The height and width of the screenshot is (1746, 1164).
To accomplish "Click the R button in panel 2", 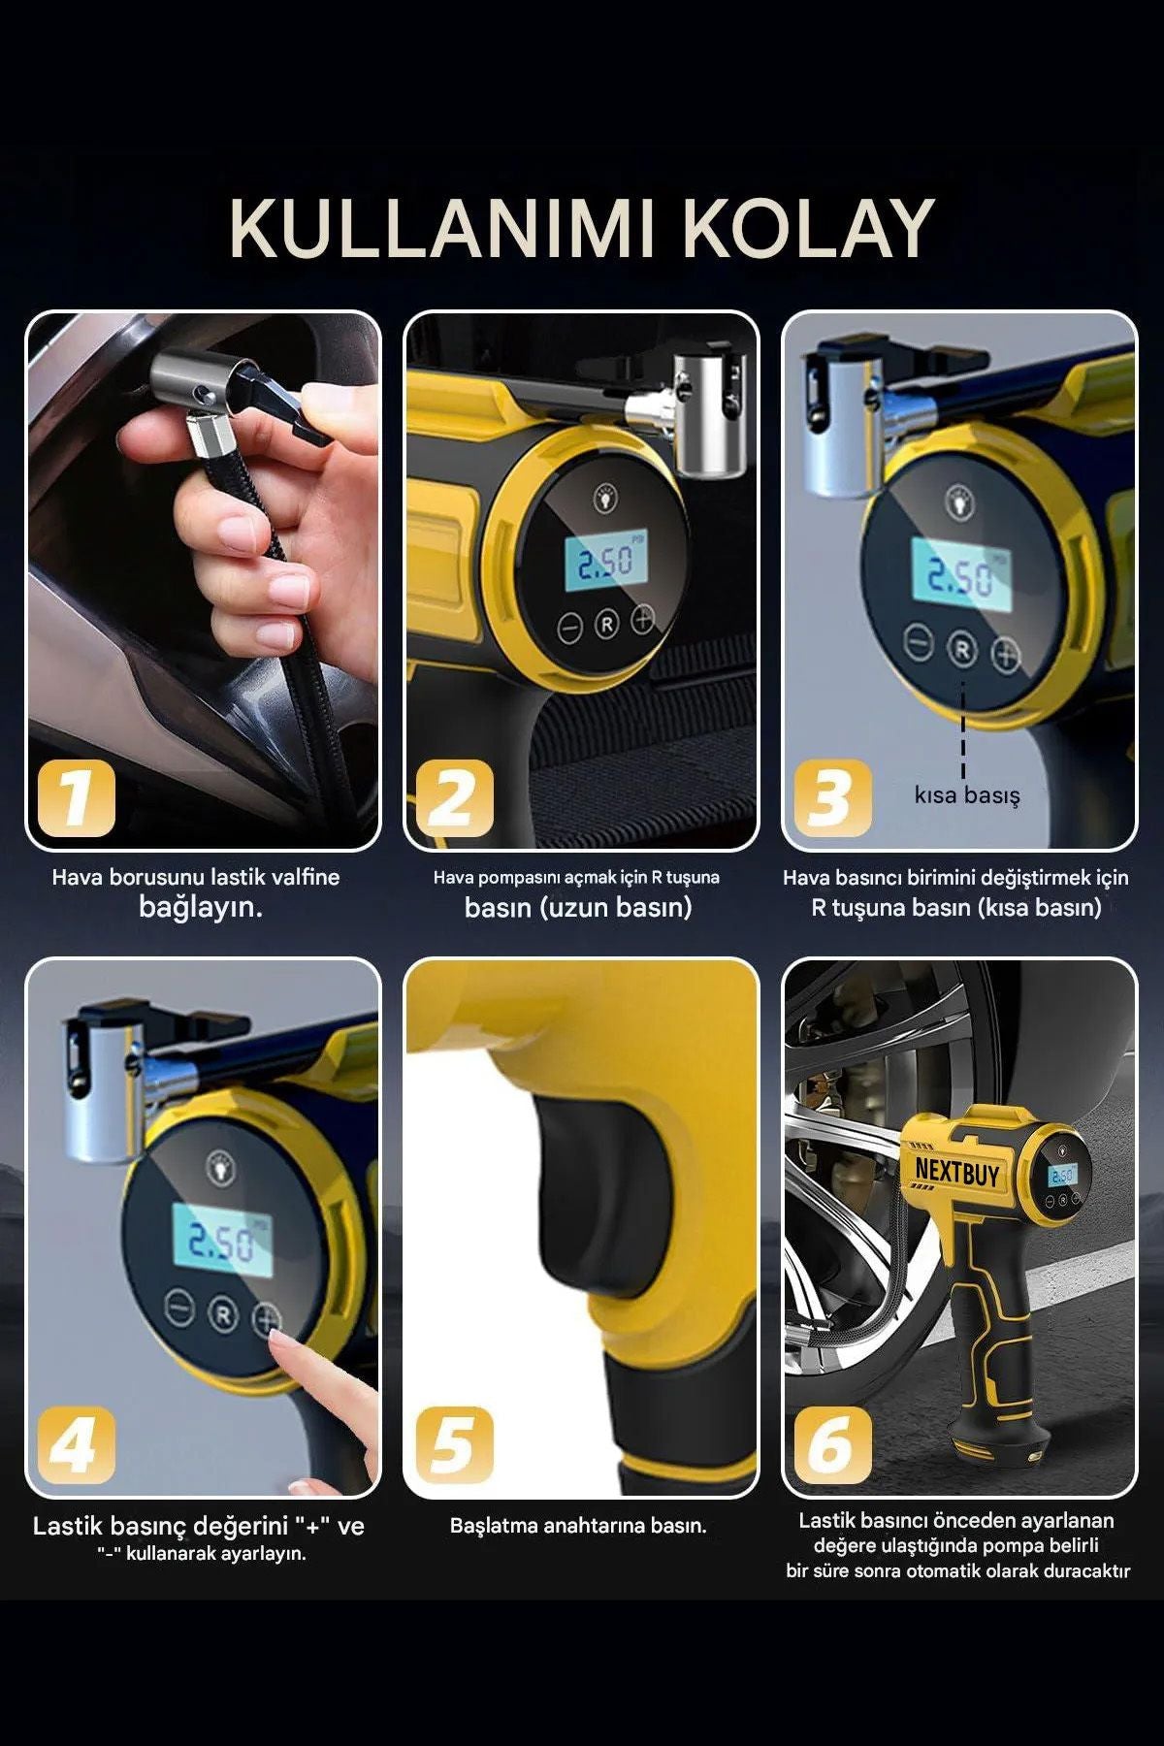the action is (x=606, y=624).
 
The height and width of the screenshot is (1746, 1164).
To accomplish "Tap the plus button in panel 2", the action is (x=643, y=617).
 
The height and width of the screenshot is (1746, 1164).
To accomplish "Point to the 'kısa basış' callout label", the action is (x=967, y=795).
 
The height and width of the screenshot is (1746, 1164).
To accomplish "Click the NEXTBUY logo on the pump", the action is (x=956, y=1171).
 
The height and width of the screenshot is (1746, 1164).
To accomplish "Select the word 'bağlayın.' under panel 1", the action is (x=201, y=908).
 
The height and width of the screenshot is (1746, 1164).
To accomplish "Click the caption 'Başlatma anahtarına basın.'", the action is (x=578, y=1526).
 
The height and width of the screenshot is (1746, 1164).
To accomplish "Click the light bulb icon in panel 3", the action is (x=958, y=501).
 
